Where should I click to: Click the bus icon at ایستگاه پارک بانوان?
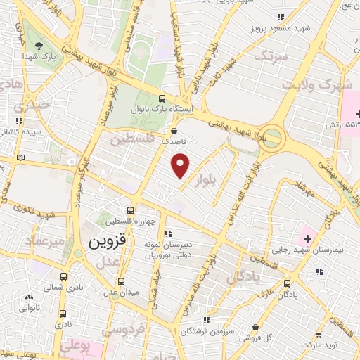pyautogui.click(x=162, y=99)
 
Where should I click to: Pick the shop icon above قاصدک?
pyautogui.click(x=174, y=130)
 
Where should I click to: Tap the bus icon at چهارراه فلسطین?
pyautogui.click(x=130, y=210)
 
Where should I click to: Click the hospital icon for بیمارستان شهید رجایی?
pyautogui.click(x=307, y=240)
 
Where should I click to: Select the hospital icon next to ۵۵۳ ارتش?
pyautogui.click(x=357, y=113)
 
